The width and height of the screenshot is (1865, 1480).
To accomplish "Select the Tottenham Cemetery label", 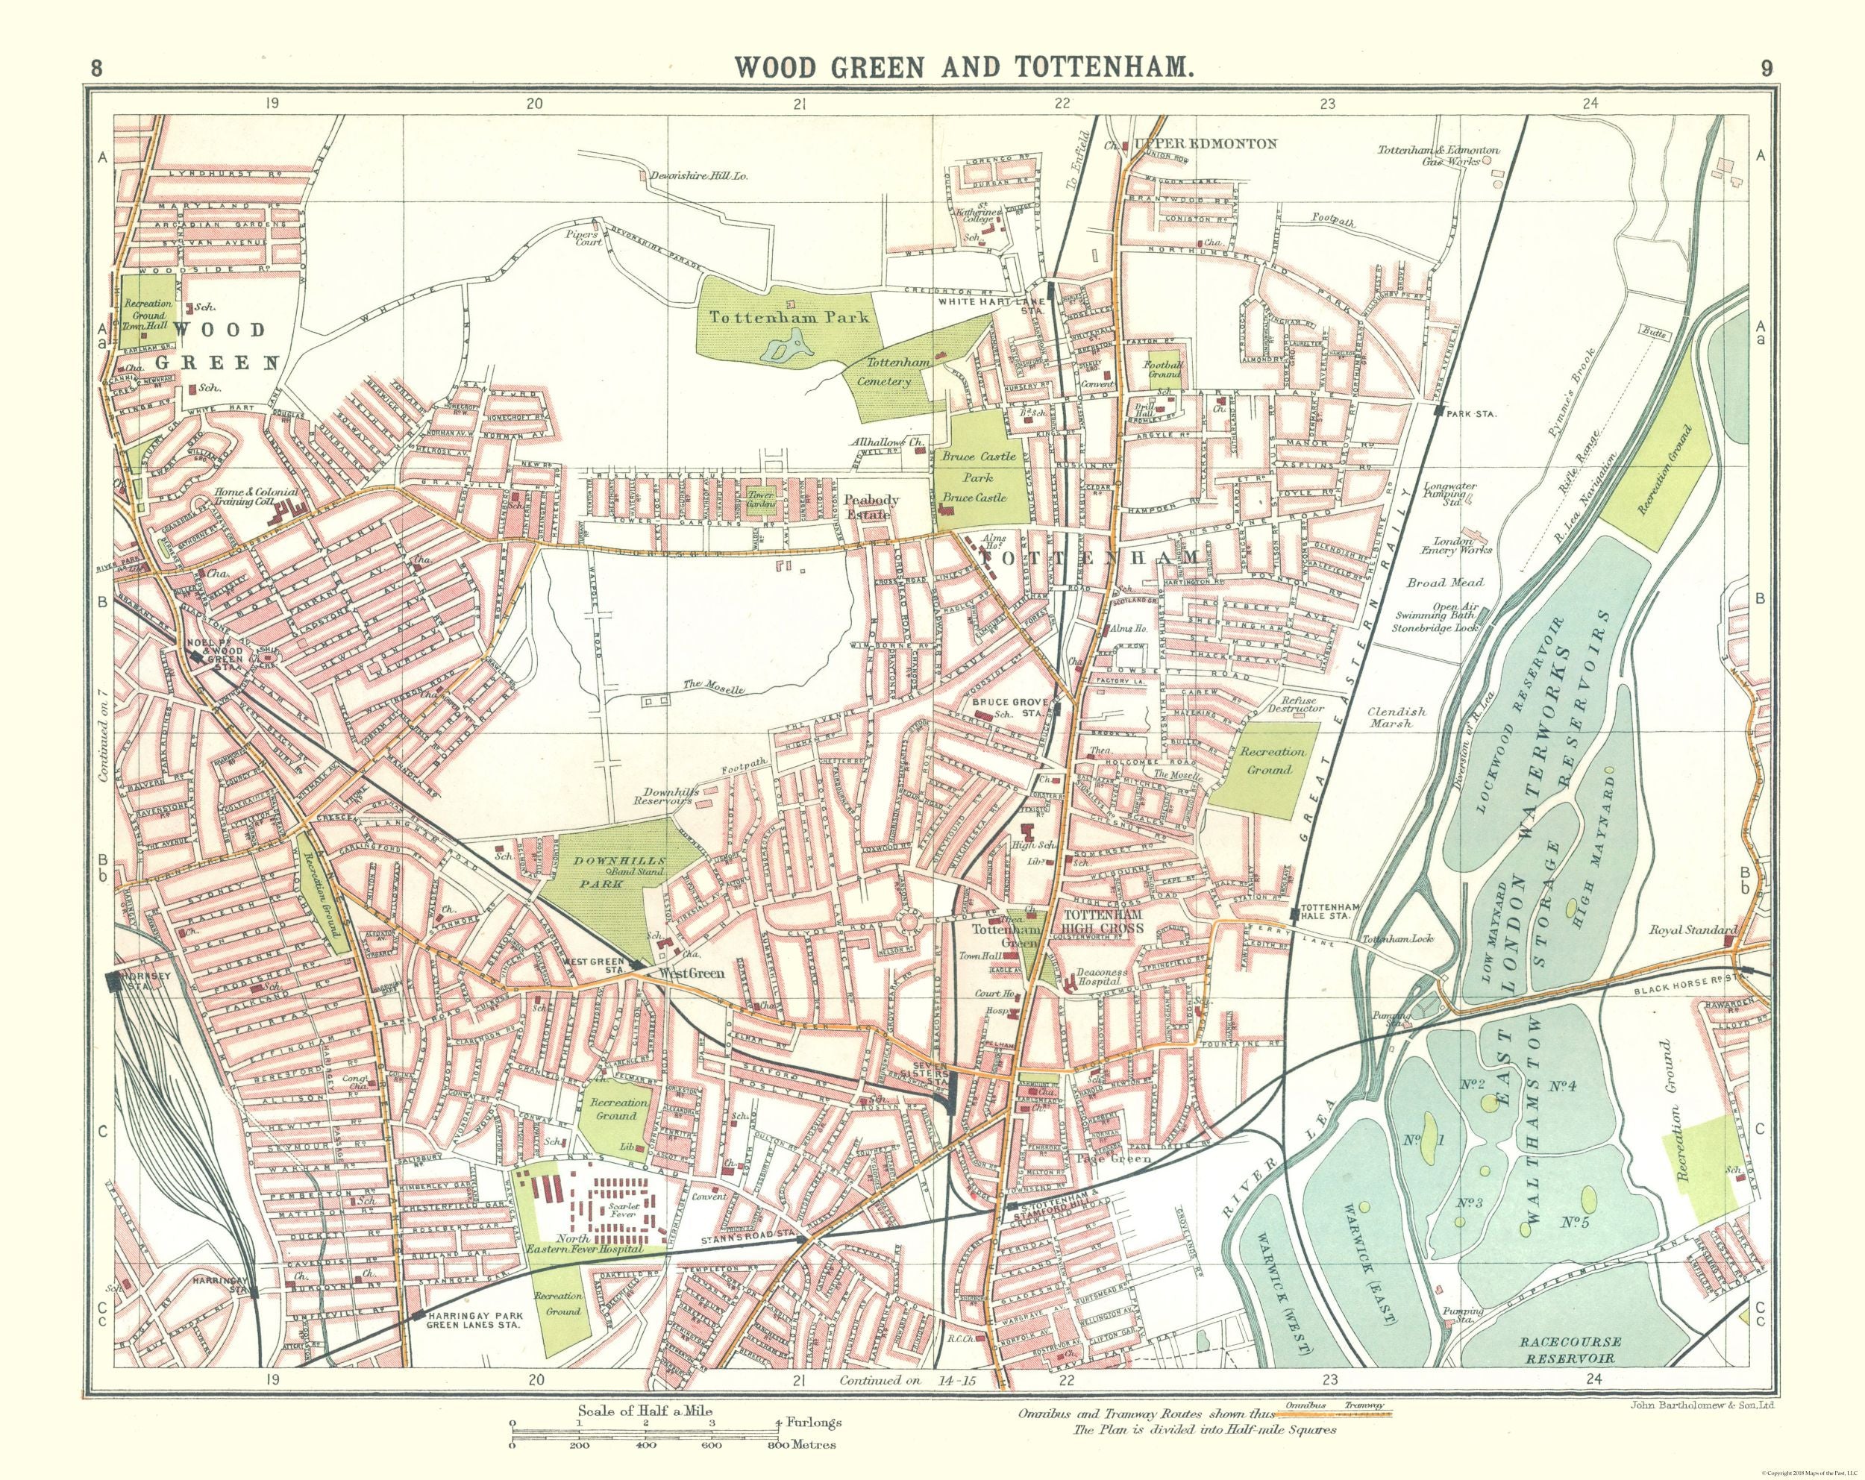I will point(887,372).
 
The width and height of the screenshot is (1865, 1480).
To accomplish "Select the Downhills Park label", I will point(616,868).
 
